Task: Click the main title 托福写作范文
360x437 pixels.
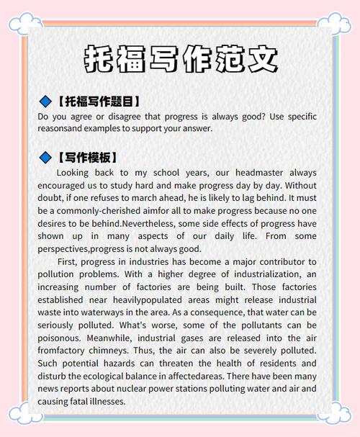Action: [x=179, y=58]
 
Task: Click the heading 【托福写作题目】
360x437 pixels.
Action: [x=96, y=101]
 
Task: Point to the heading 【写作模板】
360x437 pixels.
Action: [x=85, y=157]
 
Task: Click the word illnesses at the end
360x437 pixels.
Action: [x=107, y=401]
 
